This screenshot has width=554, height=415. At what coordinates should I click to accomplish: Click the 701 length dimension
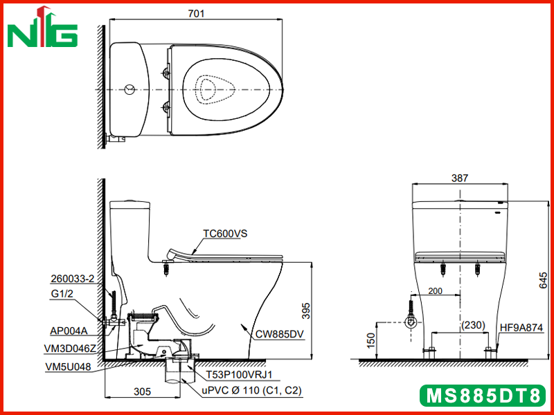point(196,13)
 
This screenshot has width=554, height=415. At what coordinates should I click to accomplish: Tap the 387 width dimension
point(460,178)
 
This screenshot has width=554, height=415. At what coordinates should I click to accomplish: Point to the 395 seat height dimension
point(306,311)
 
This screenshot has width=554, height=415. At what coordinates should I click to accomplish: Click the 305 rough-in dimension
point(143,391)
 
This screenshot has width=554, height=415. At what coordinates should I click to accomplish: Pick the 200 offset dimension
point(435,290)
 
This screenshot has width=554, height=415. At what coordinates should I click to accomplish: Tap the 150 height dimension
point(370,340)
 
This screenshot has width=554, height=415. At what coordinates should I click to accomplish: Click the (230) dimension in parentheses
point(473,325)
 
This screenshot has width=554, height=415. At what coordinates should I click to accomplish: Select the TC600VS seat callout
point(225,233)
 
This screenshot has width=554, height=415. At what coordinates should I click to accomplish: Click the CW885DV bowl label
point(279,334)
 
